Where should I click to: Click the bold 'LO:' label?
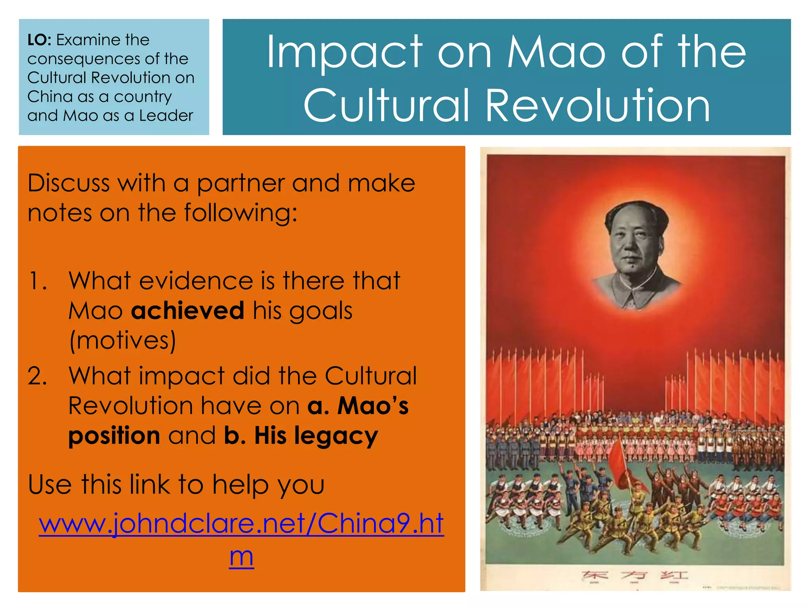(39, 40)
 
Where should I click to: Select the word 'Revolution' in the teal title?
(598, 105)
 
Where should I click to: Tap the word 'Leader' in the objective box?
(166, 116)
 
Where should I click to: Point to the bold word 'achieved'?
(187, 310)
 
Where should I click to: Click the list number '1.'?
(38, 281)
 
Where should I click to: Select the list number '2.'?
(38, 376)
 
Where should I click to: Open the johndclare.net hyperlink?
(241, 523)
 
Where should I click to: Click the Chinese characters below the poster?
(634, 575)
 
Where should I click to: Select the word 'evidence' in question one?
(196, 281)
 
